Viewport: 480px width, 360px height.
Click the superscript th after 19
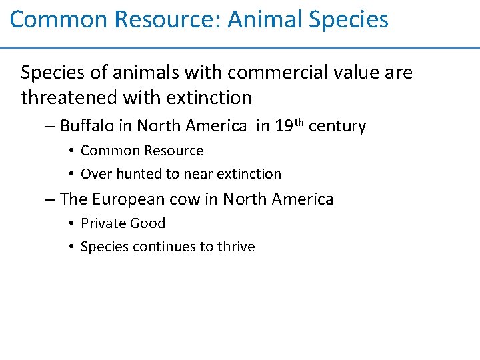[x=299, y=122]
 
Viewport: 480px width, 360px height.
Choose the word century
[x=338, y=126]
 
